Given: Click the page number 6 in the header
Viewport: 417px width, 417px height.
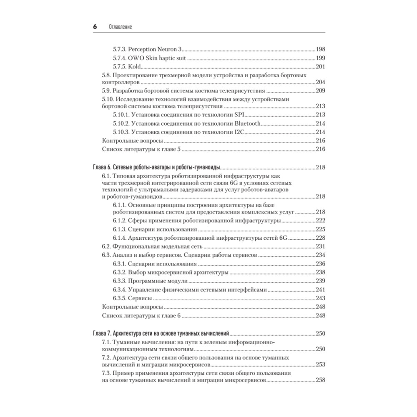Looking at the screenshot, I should point(95,26).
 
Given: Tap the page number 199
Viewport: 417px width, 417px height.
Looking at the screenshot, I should point(320,58).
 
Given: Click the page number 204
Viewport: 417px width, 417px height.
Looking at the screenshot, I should point(320,82).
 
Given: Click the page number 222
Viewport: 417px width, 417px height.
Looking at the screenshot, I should point(320,221).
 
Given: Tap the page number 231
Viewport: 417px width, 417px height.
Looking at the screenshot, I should point(320,246).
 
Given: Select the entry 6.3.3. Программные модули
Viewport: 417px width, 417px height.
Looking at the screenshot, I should point(150,281).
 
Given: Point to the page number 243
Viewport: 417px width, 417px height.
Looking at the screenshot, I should point(320,298).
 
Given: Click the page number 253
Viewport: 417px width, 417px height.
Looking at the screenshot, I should point(320,364).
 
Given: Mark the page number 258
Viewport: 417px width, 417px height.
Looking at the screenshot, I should point(320,380).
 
